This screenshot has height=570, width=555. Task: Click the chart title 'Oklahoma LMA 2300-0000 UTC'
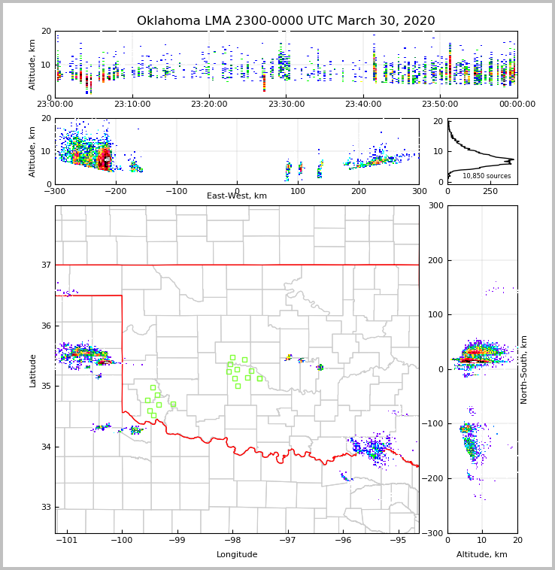pos(286,21)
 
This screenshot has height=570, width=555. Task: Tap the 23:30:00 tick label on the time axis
pos(287,105)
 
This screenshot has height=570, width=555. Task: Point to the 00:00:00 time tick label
pos(517,105)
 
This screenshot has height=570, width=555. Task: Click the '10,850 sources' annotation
pos(487,176)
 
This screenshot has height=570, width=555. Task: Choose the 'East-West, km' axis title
pos(237,196)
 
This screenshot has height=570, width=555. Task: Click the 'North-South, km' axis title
pos(524,369)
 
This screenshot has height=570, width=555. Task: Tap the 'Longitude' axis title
pos(237,555)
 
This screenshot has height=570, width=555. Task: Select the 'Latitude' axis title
pos(32,370)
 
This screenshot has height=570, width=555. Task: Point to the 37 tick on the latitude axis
pos(45,265)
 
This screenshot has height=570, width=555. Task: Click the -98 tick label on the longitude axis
pos(232,540)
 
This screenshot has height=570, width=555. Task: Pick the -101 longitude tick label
pos(67,540)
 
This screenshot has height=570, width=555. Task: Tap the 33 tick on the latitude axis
pos(45,507)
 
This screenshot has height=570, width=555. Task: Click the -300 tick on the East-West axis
pos(55,191)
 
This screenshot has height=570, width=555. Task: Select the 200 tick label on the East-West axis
pos(359,191)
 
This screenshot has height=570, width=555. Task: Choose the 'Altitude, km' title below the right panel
pos(482,555)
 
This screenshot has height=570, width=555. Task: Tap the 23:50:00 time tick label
pos(440,105)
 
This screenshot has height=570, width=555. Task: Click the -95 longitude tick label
pos(398,540)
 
